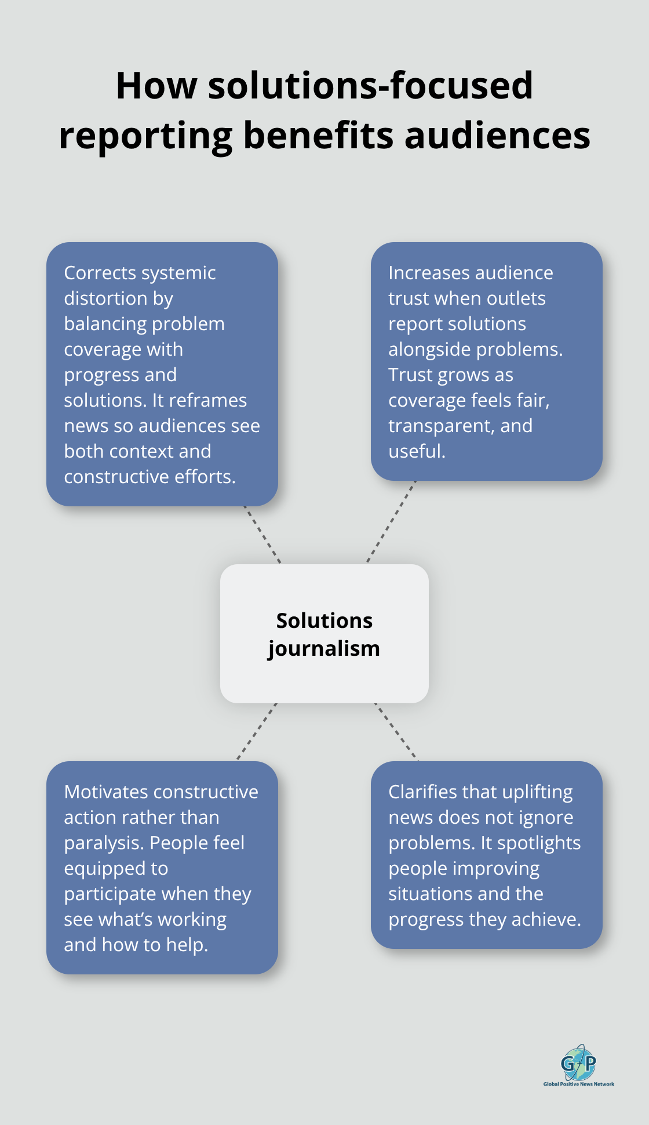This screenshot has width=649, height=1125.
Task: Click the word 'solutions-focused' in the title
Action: (370, 86)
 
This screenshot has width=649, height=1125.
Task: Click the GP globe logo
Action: (578, 1063)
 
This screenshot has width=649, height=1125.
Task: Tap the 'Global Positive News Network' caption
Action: (578, 1084)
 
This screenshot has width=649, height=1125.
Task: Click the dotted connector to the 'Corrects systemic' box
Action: (262, 535)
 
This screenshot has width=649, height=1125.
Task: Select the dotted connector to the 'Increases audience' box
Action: (392, 521)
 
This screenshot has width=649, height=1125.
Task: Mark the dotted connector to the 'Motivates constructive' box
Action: (257, 732)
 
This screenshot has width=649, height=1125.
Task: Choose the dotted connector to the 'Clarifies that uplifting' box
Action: (396, 732)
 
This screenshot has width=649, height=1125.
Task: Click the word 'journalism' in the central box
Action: (324, 648)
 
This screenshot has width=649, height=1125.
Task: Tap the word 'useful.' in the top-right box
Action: (417, 451)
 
